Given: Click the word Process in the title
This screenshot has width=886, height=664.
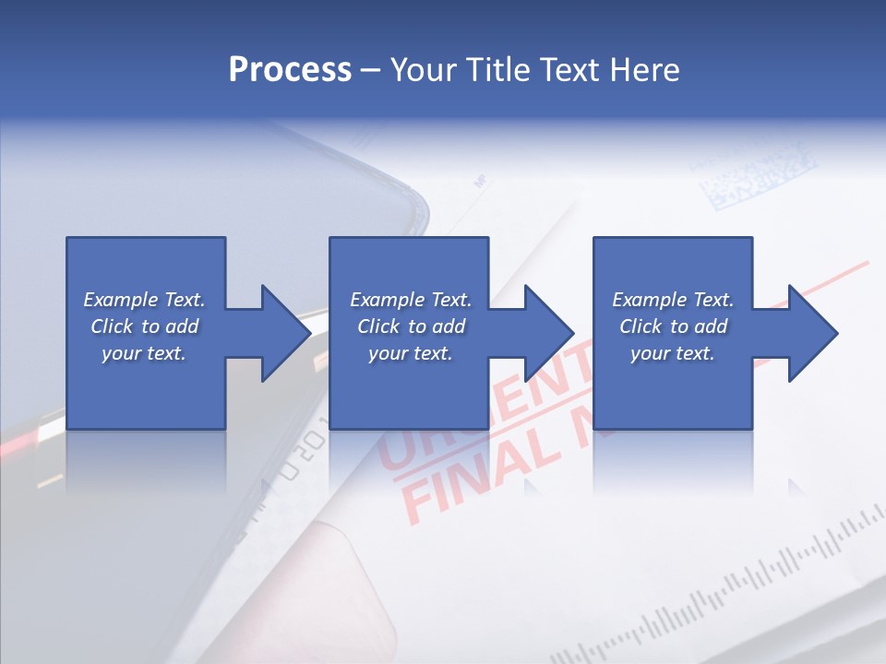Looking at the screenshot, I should pyautogui.click(x=290, y=69).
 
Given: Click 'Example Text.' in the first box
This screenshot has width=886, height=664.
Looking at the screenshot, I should pyautogui.click(x=144, y=300).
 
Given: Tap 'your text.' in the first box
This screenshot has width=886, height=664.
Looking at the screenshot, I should pyautogui.click(x=144, y=353).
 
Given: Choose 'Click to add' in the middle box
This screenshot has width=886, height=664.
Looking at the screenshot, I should pyautogui.click(x=411, y=326).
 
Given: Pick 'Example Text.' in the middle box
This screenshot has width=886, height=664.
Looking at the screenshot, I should pyautogui.click(x=411, y=300).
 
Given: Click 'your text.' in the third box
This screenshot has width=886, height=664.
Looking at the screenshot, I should pyautogui.click(x=673, y=353).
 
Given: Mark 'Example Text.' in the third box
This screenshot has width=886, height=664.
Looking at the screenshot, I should pyautogui.click(x=673, y=300).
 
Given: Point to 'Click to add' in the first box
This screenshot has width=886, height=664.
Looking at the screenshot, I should pyautogui.click(x=144, y=326).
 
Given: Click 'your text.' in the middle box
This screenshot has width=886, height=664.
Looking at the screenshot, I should pyautogui.click(x=411, y=353).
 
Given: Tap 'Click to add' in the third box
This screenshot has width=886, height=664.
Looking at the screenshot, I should pyautogui.click(x=673, y=326).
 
